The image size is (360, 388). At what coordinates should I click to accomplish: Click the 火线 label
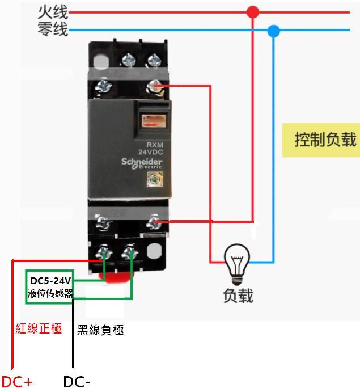click(x=53, y=12)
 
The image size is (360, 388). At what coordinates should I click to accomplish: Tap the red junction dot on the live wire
click(x=253, y=12)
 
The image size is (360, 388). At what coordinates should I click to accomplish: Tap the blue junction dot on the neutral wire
click(x=274, y=31)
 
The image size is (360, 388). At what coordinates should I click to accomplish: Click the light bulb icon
click(x=237, y=263)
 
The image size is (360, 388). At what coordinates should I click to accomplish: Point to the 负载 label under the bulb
click(x=238, y=295)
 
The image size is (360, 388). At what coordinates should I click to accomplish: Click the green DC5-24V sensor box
click(x=50, y=287)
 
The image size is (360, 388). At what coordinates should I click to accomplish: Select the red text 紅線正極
click(x=39, y=328)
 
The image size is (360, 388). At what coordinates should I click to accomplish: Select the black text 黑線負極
click(x=100, y=330)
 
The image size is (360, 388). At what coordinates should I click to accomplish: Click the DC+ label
click(x=18, y=381)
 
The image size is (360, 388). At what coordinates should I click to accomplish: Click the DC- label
click(x=77, y=381)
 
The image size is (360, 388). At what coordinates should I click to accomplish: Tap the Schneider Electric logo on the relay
click(x=141, y=163)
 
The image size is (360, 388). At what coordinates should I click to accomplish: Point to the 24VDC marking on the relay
click(x=150, y=153)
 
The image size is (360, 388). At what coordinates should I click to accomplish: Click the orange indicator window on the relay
click(x=152, y=120)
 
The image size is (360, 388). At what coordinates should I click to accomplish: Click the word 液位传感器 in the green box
click(x=50, y=294)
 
